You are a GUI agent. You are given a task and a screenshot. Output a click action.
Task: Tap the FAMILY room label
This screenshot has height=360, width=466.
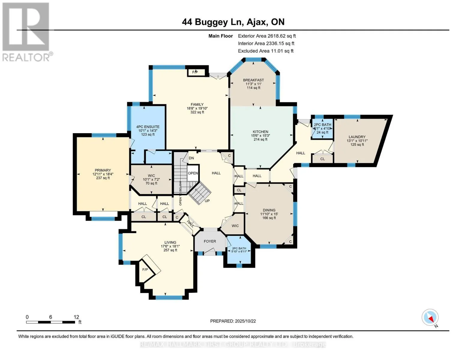[197, 105]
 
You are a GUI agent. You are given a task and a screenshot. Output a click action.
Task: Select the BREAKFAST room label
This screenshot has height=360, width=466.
[253, 80]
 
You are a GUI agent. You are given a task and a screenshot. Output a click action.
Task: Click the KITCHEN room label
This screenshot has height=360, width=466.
[260, 132]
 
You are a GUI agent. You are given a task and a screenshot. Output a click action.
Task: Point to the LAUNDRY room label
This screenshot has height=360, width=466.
[357, 137]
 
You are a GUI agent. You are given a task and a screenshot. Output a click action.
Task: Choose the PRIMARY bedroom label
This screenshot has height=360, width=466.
[103, 170]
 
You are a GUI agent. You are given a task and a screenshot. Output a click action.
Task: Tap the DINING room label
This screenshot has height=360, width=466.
[269, 210]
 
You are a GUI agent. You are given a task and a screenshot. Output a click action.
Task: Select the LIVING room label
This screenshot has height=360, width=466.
[170, 242]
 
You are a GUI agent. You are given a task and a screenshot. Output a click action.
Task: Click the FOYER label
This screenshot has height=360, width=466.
[210, 241]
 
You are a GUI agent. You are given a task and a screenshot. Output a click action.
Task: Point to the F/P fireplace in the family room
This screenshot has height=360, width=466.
[195, 72]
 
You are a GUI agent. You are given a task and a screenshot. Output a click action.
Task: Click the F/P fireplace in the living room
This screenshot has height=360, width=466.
[145, 270]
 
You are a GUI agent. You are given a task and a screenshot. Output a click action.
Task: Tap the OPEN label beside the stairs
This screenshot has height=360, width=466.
[193, 173]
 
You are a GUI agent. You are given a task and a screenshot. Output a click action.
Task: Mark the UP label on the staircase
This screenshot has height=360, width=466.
[207, 201]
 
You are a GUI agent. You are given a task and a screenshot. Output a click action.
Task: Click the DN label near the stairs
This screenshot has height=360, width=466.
[191, 158]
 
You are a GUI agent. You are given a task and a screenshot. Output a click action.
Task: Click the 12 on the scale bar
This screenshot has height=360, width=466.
[76, 317]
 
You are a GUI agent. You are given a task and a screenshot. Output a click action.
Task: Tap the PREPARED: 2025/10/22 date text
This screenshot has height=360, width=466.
[233, 321]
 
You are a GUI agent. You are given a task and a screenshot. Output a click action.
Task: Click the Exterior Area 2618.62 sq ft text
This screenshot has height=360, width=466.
[267, 36]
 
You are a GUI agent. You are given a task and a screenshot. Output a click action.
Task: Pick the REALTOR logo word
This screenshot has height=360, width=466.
[26, 57]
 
